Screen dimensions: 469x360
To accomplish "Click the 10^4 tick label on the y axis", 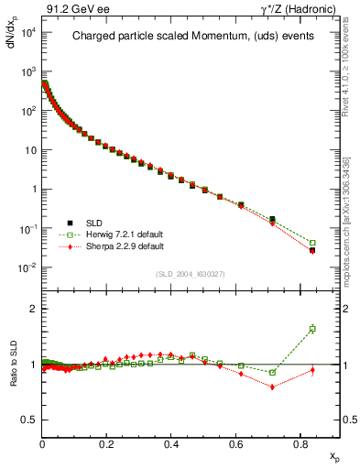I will click(x=27, y=32).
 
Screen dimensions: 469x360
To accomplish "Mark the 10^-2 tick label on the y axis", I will click(x=27, y=267).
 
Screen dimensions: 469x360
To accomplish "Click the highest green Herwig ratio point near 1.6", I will click(x=312, y=329).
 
